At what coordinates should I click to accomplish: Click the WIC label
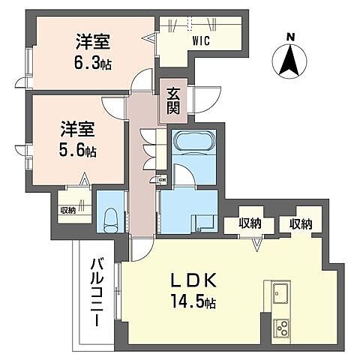coord(201,41)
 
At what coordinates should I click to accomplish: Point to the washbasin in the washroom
coord(200,223)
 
